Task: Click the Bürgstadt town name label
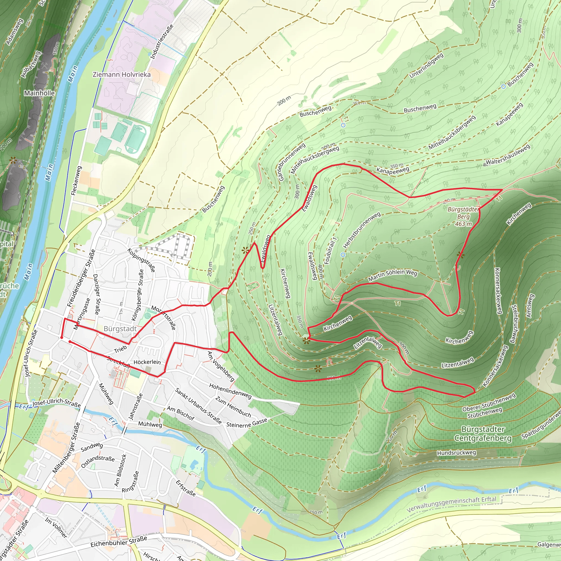coord(120,329)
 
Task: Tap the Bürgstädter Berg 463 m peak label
coord(463,217)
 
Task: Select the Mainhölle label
coord(39,93)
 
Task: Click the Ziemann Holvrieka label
coord(122,75)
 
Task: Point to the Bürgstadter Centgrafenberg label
coord(483,434)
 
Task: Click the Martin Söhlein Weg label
coord(393,275)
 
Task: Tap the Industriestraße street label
coord(162,42)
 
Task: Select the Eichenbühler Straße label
coord(119,542)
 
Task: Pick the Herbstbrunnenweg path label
coord(362,230)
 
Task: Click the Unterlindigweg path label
coord(426,66)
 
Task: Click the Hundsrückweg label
coord(456,453)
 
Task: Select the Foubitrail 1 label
coord(330,251)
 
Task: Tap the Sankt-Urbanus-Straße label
coord(198,406)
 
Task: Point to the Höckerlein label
coord(147,362)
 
